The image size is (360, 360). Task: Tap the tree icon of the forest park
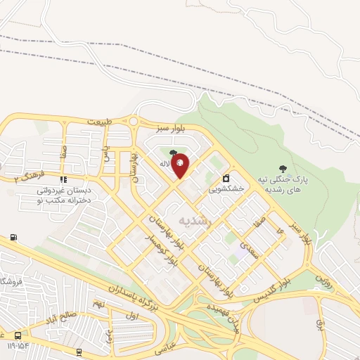pos(283,169)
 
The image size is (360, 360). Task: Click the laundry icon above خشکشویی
pos(226,178)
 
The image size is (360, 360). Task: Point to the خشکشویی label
pos(226,188)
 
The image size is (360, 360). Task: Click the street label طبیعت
pos(100,122)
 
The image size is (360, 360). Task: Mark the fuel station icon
pos(15,238)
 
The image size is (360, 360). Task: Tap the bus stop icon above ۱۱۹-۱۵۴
pos(18,336)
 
